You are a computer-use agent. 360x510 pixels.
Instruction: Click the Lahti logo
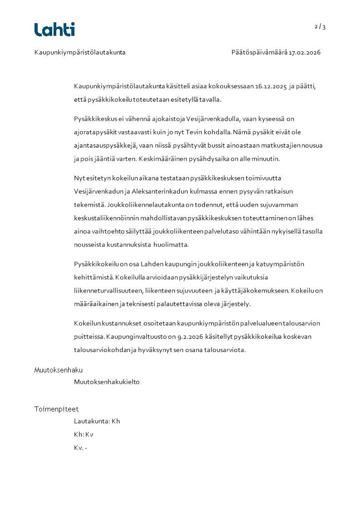point(54,30)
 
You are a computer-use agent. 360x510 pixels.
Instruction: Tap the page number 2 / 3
point(320,27)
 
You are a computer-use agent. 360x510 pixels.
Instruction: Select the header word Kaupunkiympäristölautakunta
point(80,53)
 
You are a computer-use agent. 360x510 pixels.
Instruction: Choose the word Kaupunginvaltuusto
point(138,337)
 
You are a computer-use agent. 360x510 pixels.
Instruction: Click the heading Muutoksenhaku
point(59,370)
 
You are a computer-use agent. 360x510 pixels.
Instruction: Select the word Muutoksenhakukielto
point(107,382)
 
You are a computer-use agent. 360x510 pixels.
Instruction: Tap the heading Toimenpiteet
point(56,409)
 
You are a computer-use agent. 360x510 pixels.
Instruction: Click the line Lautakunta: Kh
point(97,421)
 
